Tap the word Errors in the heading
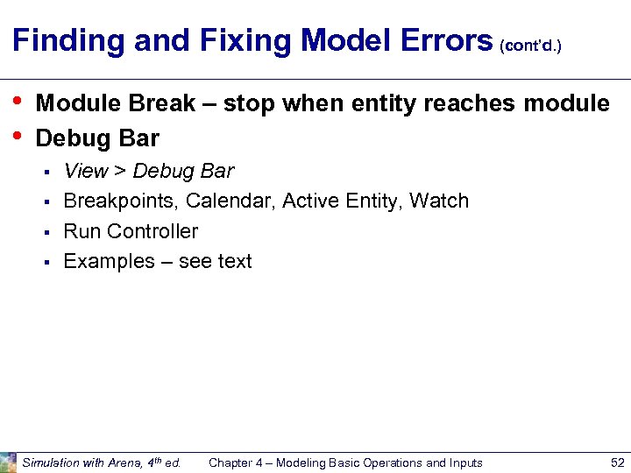point(450,40)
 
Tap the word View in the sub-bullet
point(86,171)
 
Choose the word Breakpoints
point(121,201)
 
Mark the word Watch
point(439,201)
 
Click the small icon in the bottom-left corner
point(8,462)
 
